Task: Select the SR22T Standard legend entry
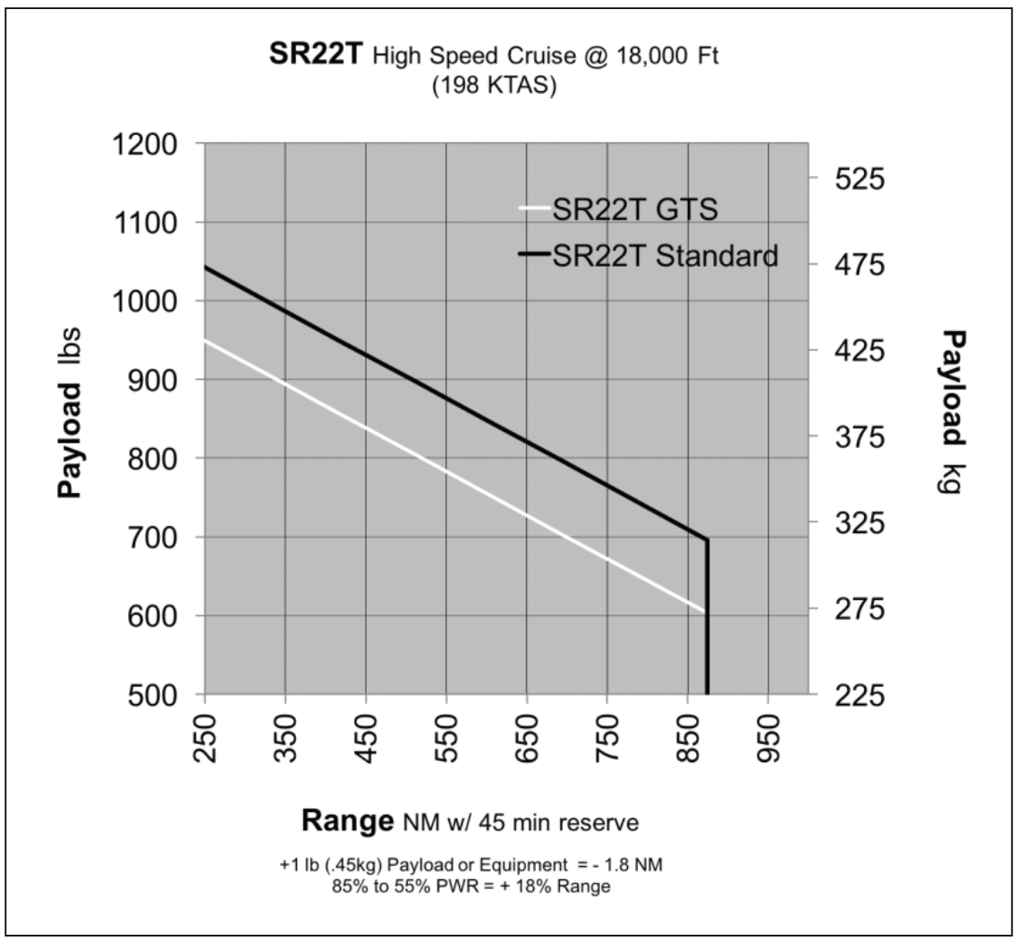665,256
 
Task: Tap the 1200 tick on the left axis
147,144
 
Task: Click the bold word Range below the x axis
347,820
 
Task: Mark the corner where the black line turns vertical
708,539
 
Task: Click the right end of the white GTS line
704,611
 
